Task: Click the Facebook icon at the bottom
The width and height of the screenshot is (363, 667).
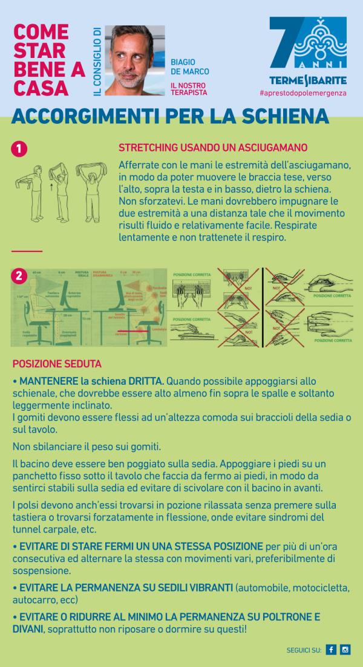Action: click(331, 650)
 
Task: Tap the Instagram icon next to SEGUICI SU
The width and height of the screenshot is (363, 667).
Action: click(345, 650)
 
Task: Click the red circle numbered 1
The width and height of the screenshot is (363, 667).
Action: click(19, 149)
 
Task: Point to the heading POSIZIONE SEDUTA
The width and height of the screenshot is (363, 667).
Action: click(57, 364)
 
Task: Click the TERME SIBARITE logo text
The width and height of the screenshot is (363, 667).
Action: click(307, 80)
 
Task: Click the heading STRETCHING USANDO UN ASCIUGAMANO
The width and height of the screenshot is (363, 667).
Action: click(213, 147)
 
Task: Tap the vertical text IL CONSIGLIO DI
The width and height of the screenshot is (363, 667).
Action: click(97, 60)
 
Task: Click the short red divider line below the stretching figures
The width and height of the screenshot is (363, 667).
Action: click(27, 251)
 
